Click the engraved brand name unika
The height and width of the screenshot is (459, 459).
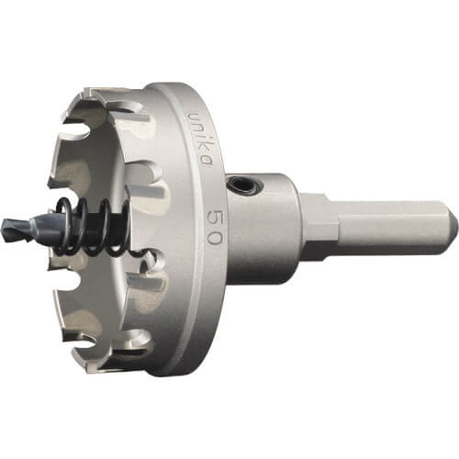200,139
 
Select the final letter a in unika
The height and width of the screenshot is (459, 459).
206,161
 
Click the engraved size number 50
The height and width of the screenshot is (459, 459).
214,227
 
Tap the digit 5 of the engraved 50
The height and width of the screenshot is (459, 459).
214,217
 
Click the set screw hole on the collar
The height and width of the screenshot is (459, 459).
244,185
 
